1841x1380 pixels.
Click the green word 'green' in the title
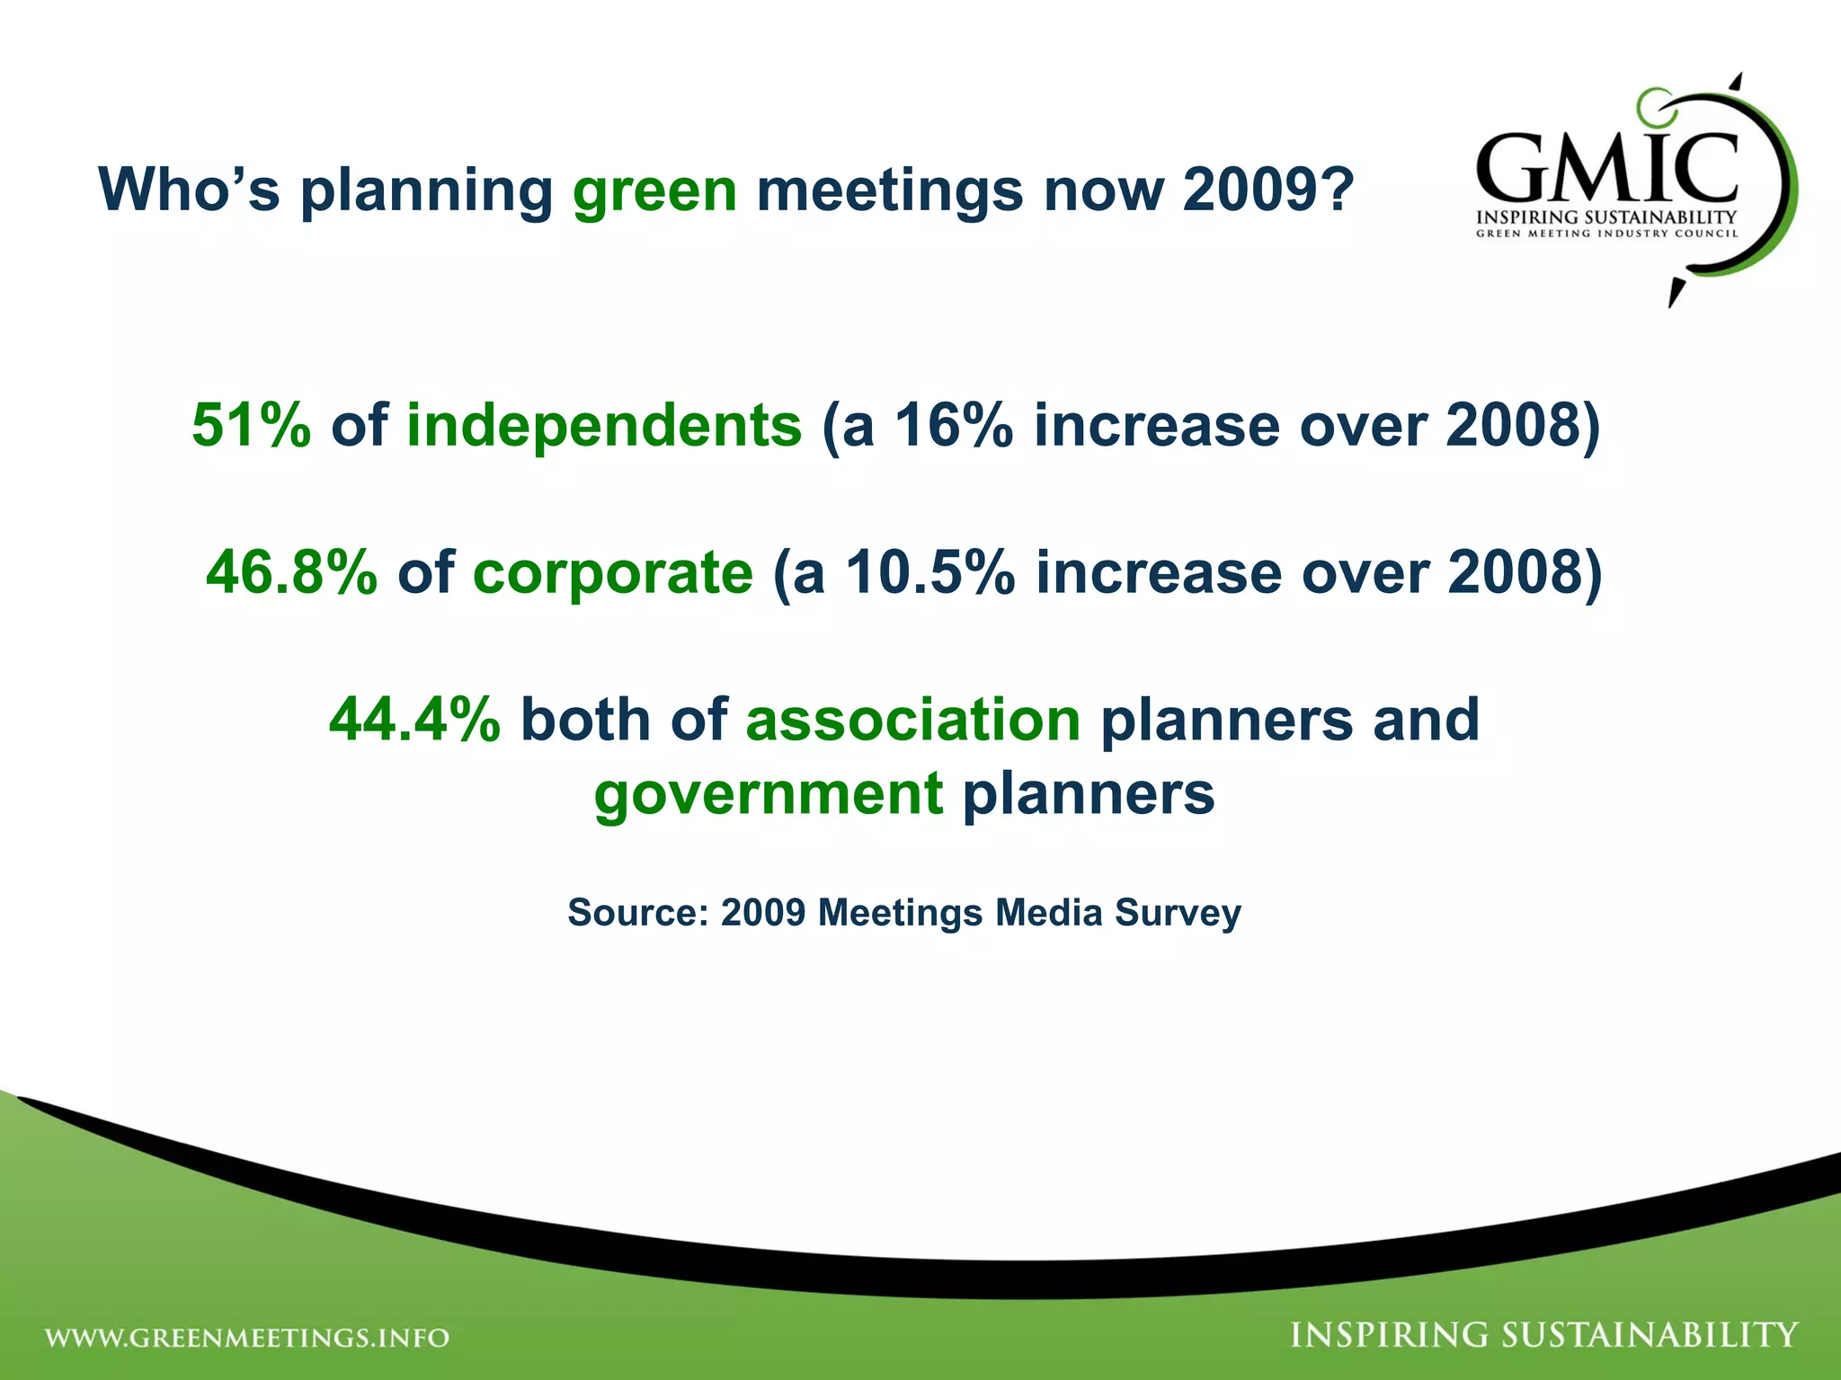coord(654,190)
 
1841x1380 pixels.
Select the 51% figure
coord(251,425)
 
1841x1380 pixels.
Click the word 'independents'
coord(603,425)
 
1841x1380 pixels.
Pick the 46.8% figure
coord(291,572)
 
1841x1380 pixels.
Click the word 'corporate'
coord(612,572)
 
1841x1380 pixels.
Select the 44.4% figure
coord(414,720)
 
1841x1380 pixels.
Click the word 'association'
coord(912,720)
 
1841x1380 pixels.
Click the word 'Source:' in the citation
coord(637,913)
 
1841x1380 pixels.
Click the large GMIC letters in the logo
coord(1605,168)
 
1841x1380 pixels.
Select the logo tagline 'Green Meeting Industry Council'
coord(1606,234)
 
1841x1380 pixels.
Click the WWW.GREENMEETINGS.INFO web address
coord(247,1338)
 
